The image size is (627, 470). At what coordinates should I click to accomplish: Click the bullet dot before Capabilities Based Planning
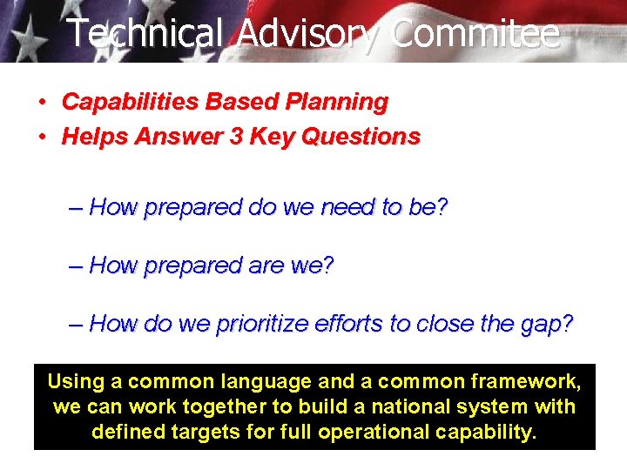tap(42, 103)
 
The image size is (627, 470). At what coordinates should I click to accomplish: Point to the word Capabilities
tap(130, 102)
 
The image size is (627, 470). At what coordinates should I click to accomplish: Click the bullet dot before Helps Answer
tap(42, 138)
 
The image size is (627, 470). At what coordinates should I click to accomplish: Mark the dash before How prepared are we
tap(77, 265)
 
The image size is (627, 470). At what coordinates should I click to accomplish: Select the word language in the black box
tap(266, 381)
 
